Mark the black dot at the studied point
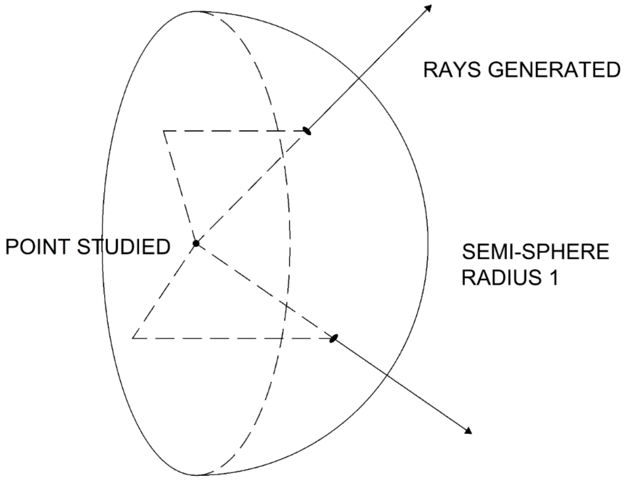tap(196, 243)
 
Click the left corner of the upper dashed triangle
tap(164, 131)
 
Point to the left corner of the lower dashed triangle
tap(133, 338)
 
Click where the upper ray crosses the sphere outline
tap(359, 78)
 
